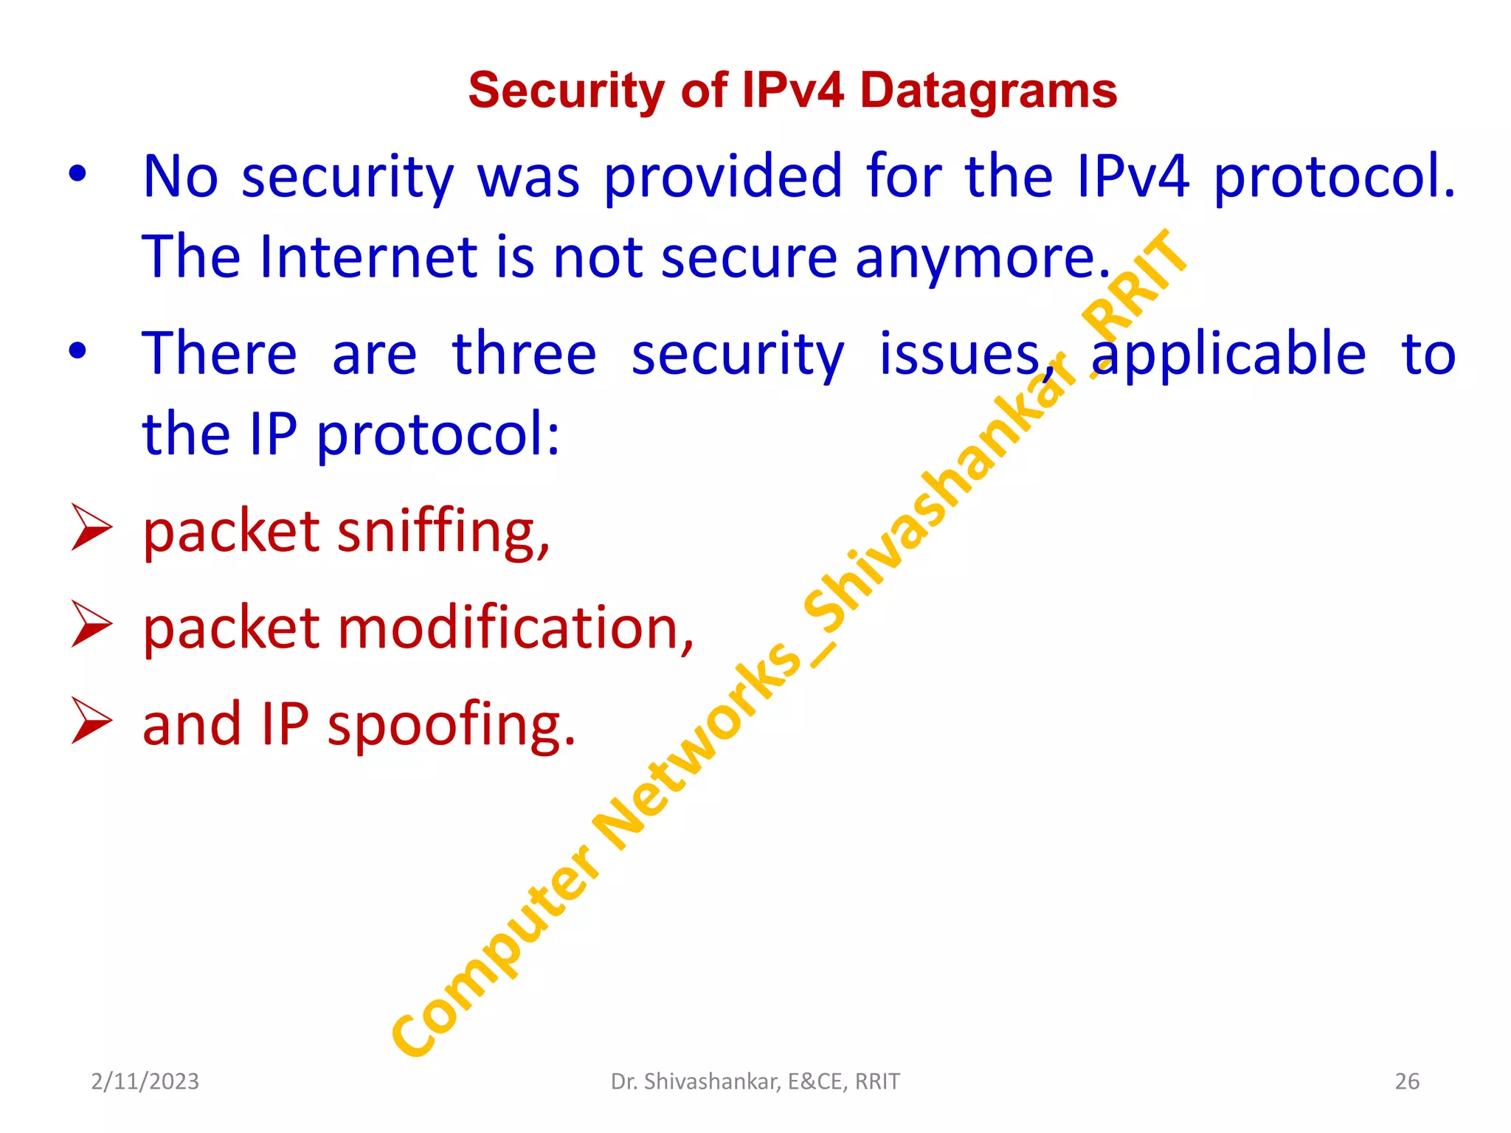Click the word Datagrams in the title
(x=988, y=91)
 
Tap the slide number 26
(x=1406, y=1081)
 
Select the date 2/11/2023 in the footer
(x=145, y=1081)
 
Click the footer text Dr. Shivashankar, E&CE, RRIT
(x=755, y=1081)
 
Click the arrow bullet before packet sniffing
(x=91, y=527)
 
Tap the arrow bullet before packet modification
(x=91, y=624)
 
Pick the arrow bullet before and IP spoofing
(x=91, y=721)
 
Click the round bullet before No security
(x=77, y=176)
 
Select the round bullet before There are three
(x=77, y=352)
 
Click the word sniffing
(x=443, y=531)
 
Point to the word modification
(x=515, y=628)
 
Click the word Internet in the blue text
(x=369, y=257)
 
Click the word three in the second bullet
(x=524, y=354)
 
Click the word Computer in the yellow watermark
(x=494, y=952)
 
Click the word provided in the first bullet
(x=723, y=177)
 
